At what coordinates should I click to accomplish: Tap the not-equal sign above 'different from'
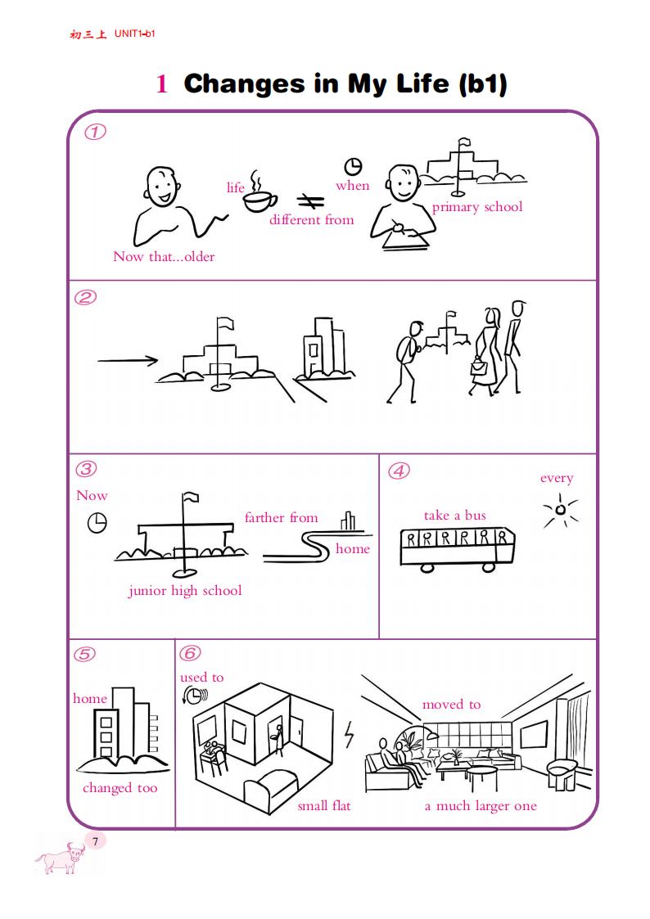[x=310, y=201]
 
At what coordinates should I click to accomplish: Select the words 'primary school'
[x=477, y=208]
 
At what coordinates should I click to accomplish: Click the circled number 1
[x=96, y=131]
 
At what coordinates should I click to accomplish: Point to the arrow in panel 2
[x=127, y=360]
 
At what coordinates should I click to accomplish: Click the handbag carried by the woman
[x=478, y=368]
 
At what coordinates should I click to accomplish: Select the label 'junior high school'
[x=185, y=591]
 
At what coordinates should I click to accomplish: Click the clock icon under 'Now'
[x=97, y=523]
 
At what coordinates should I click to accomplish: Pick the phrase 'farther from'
[x=282, y=517]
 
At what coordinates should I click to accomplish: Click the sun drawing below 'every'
[x=560, y=510]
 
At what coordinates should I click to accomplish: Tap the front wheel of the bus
[x=488, y=567]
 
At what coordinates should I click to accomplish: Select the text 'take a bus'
[x=455, y=516]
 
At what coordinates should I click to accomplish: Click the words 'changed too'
[x=120, y=788]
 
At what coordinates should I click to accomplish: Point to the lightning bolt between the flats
[x=350, y=734]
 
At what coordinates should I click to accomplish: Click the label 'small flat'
[x=324, y=806]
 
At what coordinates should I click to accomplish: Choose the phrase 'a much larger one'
[x=481, y=806]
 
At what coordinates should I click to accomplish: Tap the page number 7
[x=96, y=841]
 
